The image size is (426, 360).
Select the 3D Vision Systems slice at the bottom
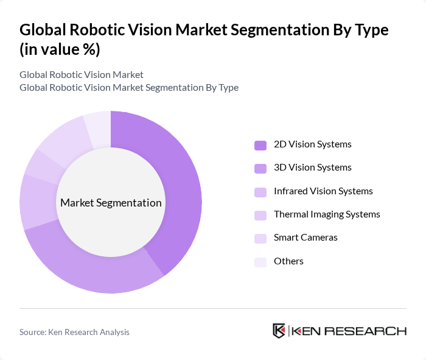(x=91, y=268)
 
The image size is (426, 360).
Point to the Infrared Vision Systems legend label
(x=323, y=191)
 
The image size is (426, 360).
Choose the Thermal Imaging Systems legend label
(x=327, y=214)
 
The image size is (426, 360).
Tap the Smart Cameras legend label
(x=306, y=238)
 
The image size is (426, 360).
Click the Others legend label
(x=288, y=261)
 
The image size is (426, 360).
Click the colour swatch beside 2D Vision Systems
(x=260, y=145)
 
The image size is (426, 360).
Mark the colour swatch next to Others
(x=260, y=262)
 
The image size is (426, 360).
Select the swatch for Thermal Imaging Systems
(x=260, y=215)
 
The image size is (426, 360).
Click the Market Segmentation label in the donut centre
(x=111, y=203)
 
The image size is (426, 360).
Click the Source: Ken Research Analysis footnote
(x=74, y=332)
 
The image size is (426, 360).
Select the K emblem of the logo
(x=279, y=331)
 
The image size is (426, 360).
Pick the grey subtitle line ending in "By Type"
(x=129, y=88)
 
